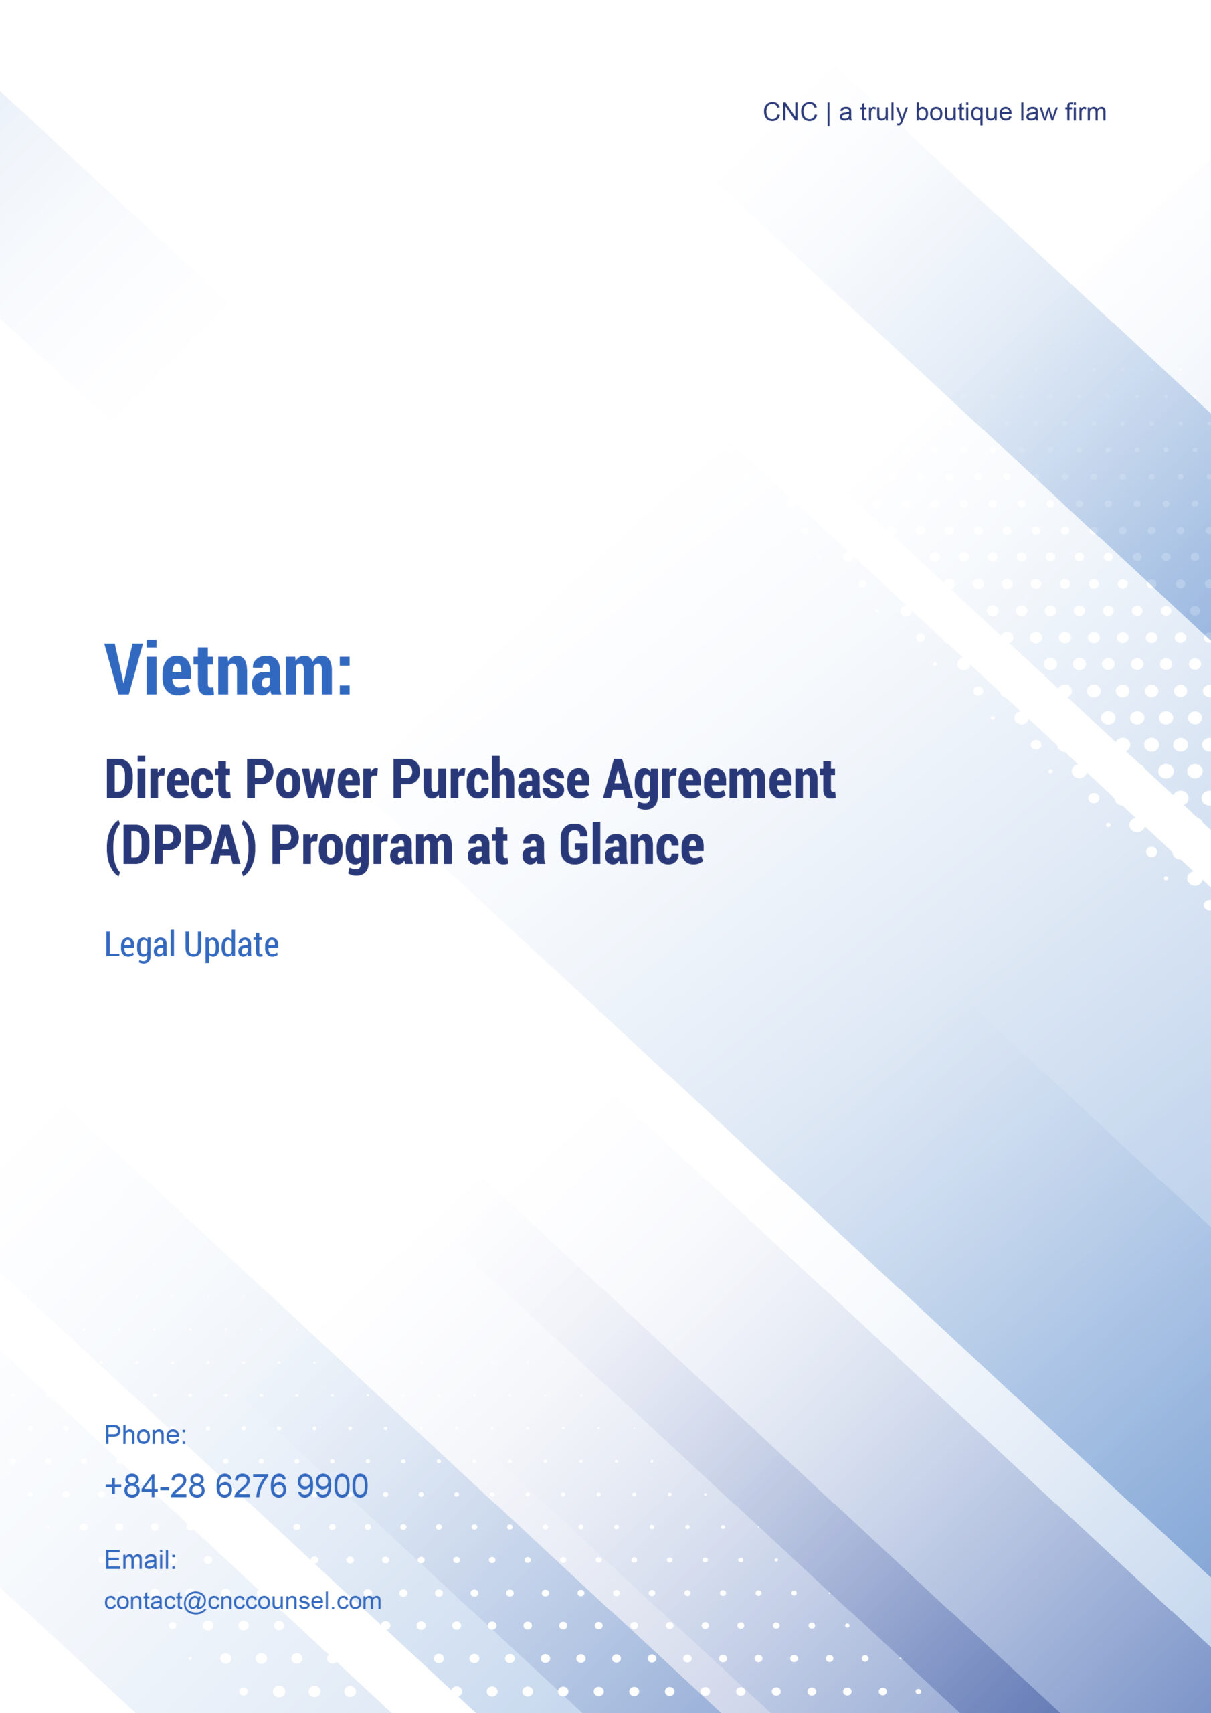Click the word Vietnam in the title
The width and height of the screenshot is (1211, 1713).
[220, 670]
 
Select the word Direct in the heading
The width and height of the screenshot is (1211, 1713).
[168, 780]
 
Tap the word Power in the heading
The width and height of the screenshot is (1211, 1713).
[311, 780]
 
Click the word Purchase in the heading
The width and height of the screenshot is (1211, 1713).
[491, 780]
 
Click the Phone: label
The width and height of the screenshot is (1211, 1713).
[145, 1435]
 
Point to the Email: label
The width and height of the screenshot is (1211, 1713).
[141, 1559]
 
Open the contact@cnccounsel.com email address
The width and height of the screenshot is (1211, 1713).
[242, 1601]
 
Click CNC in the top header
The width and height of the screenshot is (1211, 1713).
[790, 112]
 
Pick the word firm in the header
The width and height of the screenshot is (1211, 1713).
[1086, 112]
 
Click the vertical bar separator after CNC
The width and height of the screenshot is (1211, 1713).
[828, 113]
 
